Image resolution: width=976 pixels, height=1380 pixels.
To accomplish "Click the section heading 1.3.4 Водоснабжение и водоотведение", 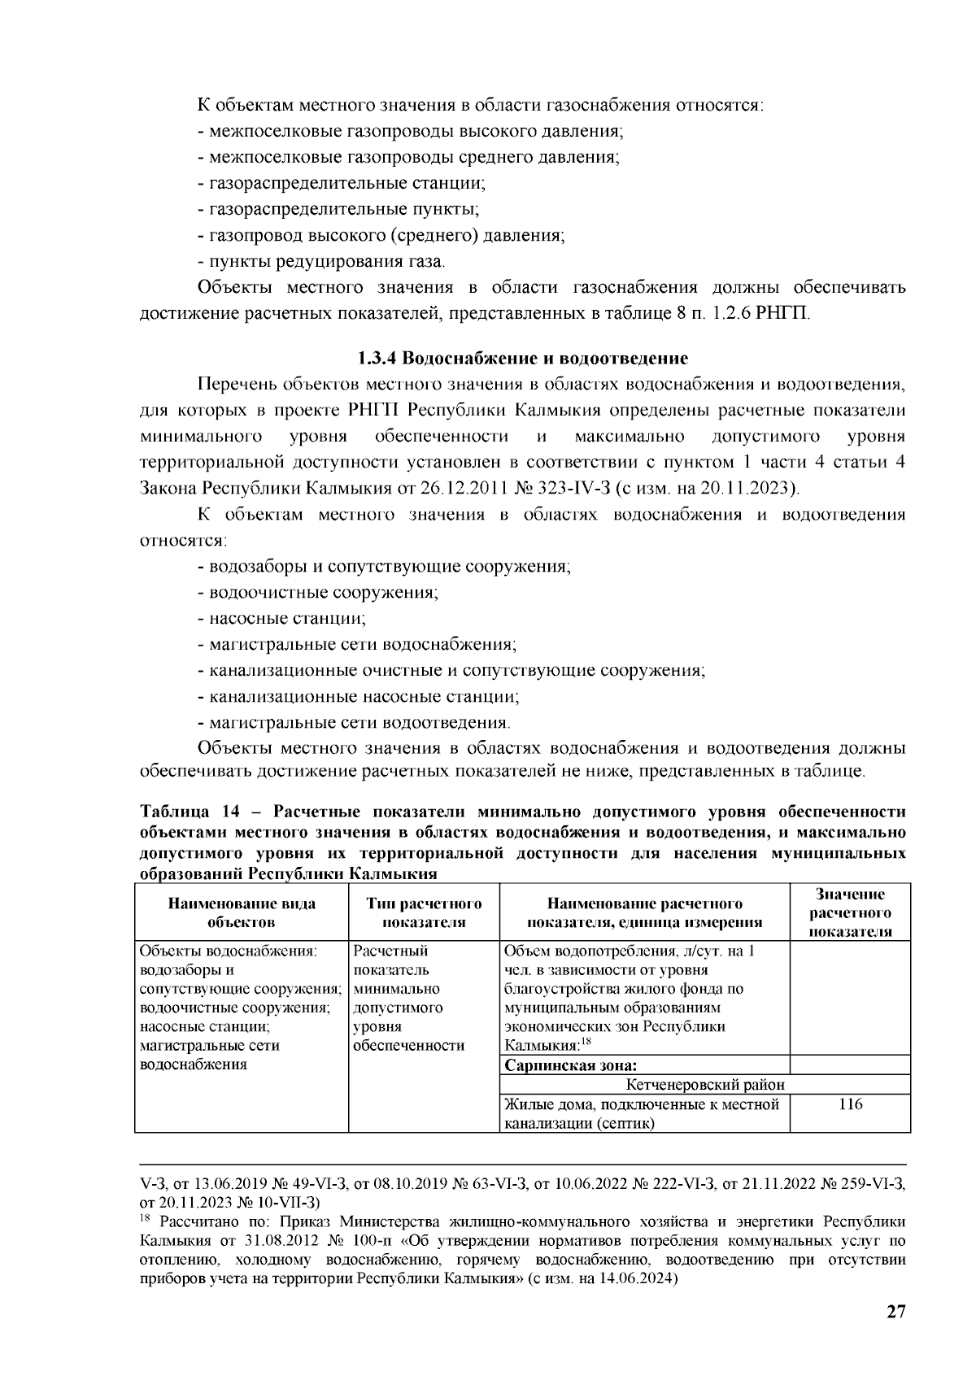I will [523, 359].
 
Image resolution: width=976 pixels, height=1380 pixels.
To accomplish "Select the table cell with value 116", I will [850, 1104].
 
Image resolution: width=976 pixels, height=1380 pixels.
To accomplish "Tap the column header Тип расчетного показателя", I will [424, 912].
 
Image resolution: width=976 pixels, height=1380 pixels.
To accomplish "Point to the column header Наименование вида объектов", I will [242, 912].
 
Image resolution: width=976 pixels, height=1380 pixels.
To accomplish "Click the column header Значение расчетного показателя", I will [850, 912].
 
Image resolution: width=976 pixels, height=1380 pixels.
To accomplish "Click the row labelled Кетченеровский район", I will [705, 1085].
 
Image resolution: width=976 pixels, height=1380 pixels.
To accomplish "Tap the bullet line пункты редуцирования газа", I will [322, 262].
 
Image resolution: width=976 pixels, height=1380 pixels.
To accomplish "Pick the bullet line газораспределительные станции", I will [342, 184].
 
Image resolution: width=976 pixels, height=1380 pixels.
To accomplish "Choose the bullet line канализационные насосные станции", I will [359, 697].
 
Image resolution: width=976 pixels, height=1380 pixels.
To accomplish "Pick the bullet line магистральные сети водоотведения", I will [355, 723].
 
